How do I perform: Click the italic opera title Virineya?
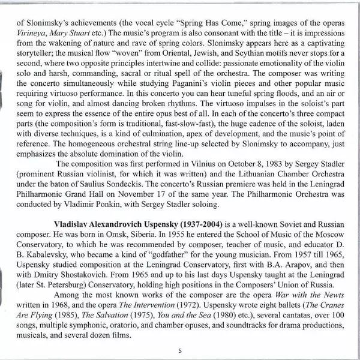[26, 35]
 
